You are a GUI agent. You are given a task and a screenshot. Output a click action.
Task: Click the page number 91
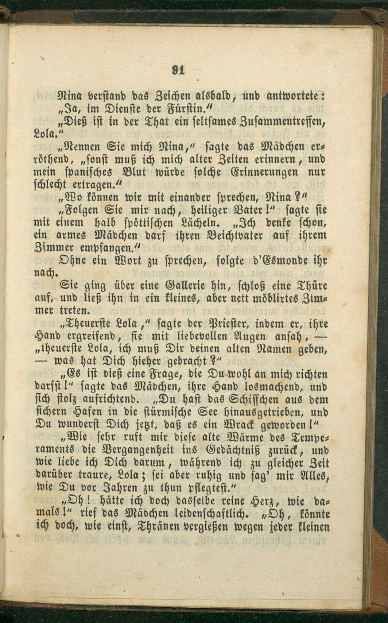(178, 70)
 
